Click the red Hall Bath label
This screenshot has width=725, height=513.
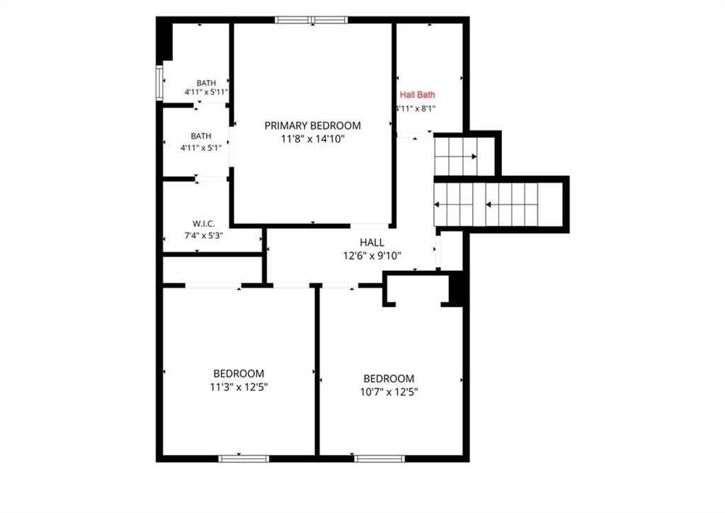click(x=417, y=95)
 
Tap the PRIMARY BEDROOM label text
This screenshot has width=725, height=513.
click(x=312, y=125)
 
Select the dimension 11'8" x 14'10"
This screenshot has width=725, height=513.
click(x=313, y=139)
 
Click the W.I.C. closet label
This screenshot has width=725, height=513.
click(x=203, y=223)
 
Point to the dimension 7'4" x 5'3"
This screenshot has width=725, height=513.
click(x=203, y=235)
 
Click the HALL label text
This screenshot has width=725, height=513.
click(x=372, y=242)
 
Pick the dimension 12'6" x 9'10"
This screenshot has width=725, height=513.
click(x=372, y=255)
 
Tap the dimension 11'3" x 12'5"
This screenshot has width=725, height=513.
click(x=239, y=387)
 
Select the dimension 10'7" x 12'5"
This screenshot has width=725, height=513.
click(x=389, y=393)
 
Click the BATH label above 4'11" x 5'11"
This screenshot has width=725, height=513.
click(x=206, y=83)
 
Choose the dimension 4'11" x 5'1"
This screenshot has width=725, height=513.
click(x=201, y=148)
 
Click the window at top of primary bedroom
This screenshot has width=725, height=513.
click(x=311, y=19)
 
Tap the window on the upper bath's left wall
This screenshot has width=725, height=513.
click(x=159, y=84)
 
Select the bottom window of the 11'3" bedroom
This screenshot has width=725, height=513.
click(x=244, y=459)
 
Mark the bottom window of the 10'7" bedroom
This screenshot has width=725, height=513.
click(x=379, y=459)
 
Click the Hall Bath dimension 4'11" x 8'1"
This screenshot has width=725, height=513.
click(x=416, y=108)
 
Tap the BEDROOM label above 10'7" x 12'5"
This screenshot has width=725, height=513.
click(x=389, y=379)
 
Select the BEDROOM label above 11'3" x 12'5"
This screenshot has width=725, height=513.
click(x=239, y=373)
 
